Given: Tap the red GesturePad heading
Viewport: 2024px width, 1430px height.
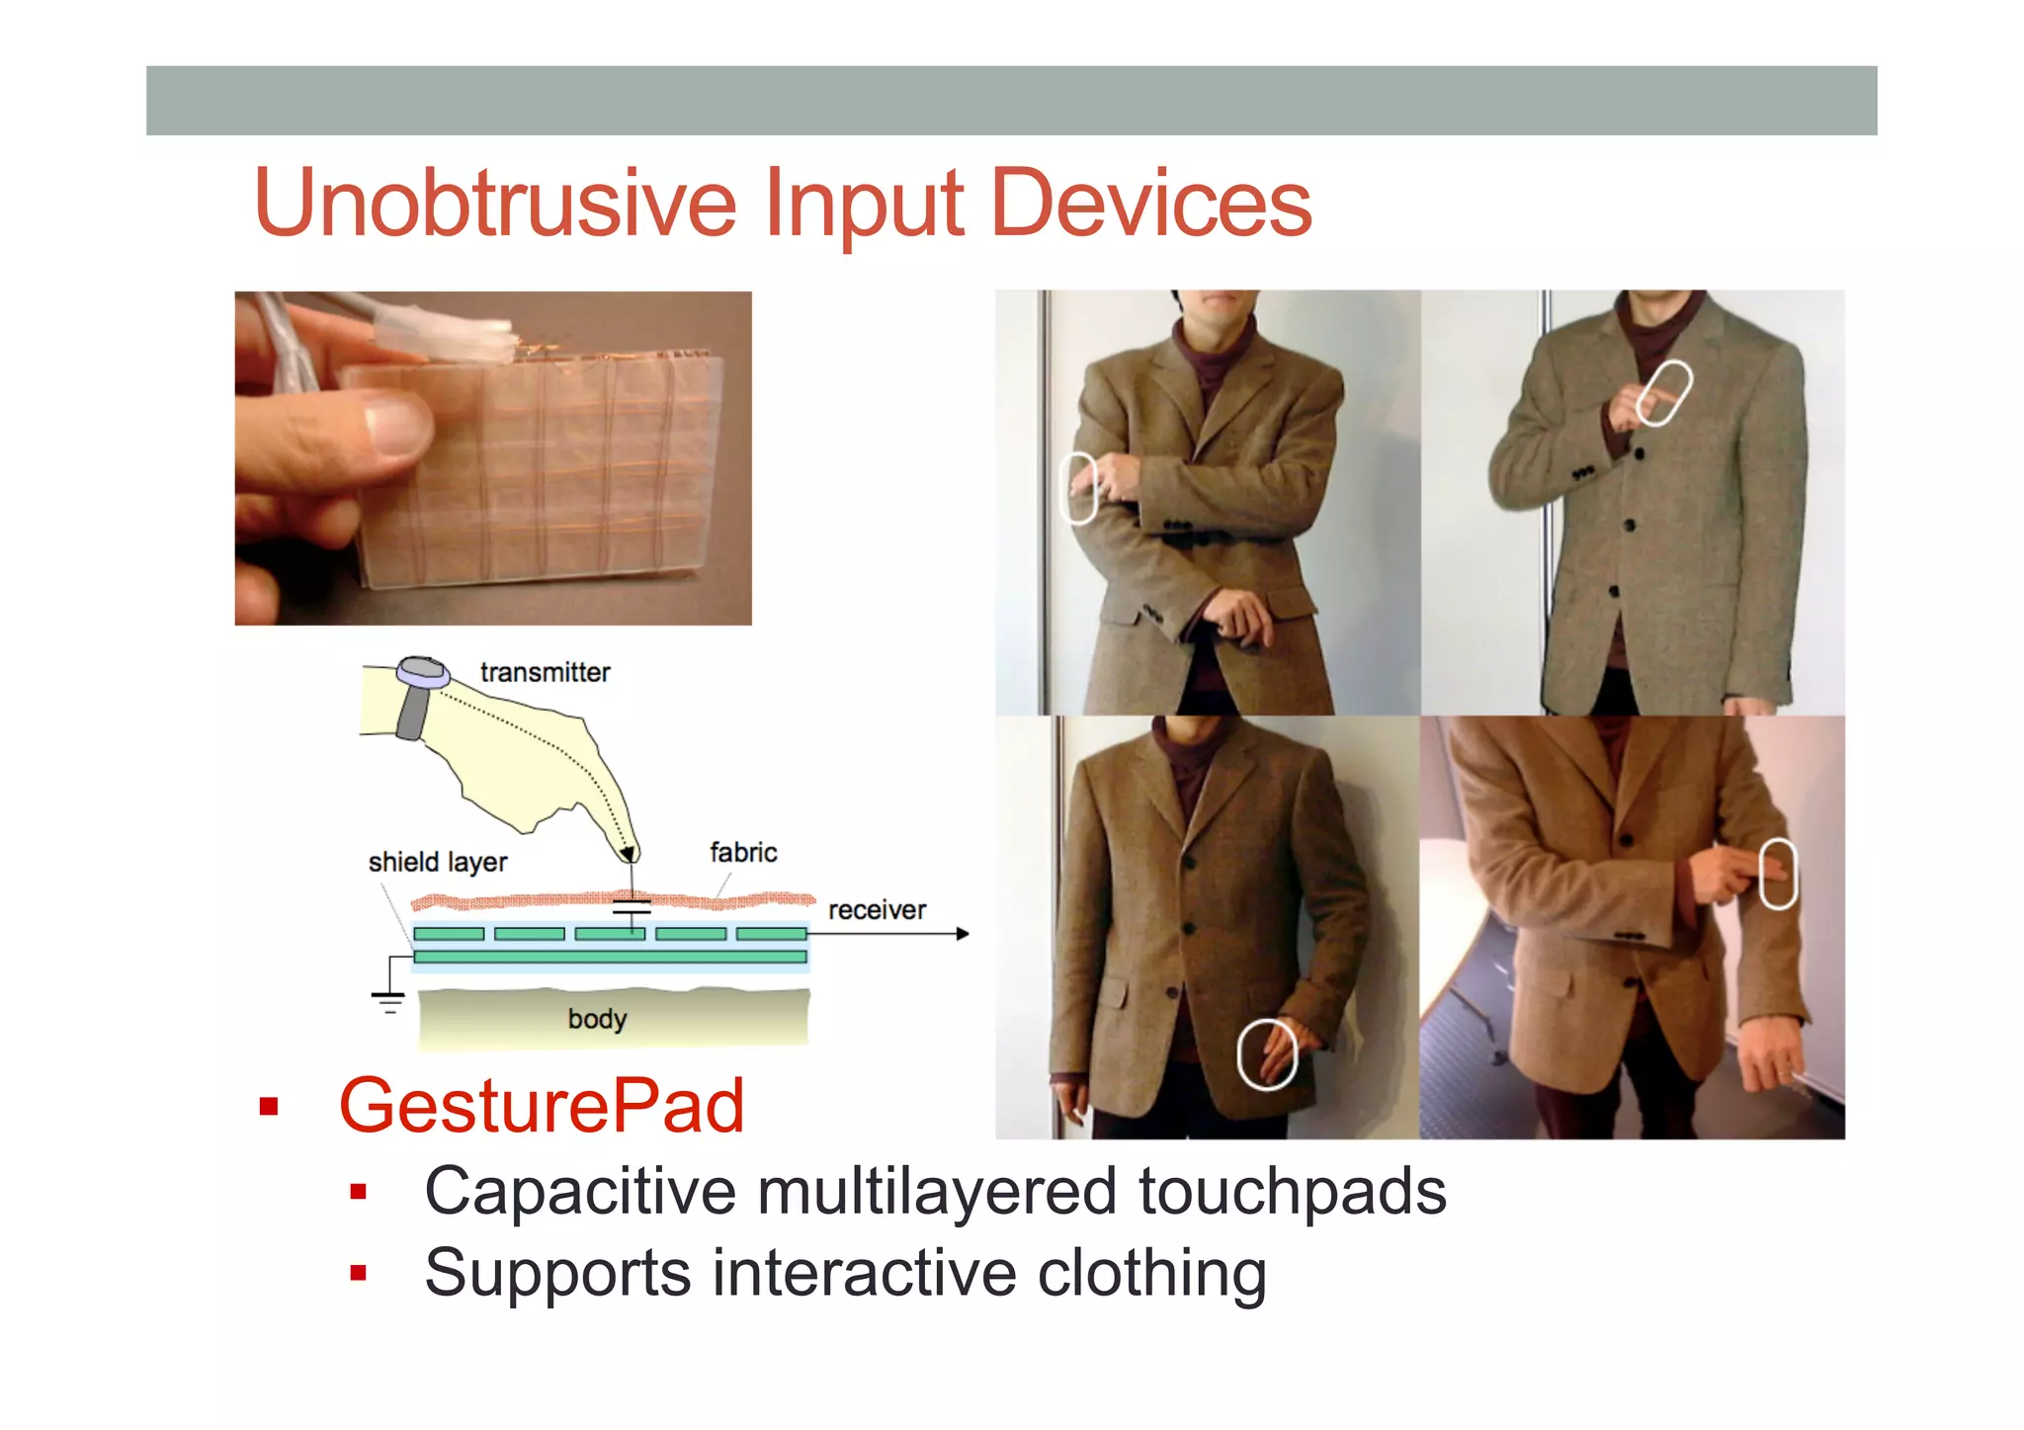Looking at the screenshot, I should [541, 1106].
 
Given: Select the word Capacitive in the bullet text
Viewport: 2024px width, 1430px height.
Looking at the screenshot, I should [579, 1191].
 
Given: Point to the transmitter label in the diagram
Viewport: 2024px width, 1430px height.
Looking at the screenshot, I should [545, 673].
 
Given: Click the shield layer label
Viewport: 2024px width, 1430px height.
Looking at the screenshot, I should [437, 862].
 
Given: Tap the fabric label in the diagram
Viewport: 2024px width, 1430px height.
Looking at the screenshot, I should [743, 852].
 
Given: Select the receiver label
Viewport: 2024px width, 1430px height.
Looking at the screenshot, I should [877, 910].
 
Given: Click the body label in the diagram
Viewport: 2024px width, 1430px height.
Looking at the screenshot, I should [597, 1019].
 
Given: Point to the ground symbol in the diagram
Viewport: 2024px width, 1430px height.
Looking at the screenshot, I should [388, 1001].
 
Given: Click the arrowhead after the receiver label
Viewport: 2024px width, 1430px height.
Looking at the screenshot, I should [963, 934].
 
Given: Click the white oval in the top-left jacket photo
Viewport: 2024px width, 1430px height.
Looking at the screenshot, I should [1078, 488].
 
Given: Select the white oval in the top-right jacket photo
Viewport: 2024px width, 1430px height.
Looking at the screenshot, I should [1663, 393].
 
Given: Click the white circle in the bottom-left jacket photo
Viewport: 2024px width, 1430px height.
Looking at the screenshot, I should [1267, 1054].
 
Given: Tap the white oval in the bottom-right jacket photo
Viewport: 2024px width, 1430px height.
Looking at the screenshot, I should [1778, 873].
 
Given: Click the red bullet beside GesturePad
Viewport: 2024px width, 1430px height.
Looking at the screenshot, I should [268, 1107].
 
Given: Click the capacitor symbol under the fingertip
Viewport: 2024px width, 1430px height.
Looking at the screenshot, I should [632, 907].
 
